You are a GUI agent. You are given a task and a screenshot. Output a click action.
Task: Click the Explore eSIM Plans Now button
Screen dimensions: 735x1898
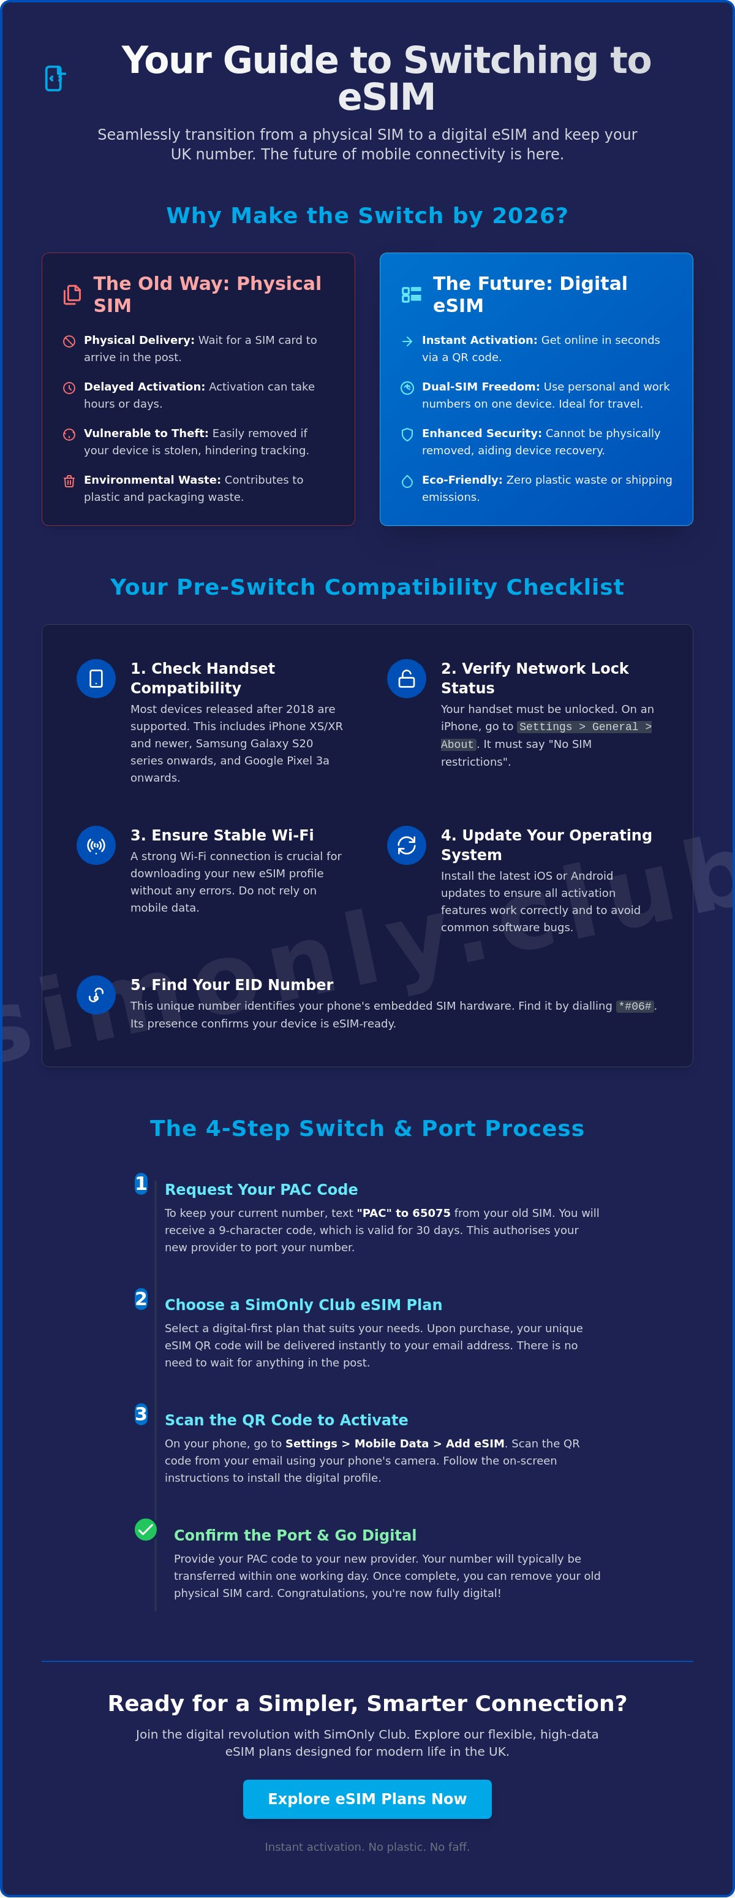tap(367, 1799)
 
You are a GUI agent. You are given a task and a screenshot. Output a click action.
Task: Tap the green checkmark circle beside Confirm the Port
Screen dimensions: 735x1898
tap(146, 1530)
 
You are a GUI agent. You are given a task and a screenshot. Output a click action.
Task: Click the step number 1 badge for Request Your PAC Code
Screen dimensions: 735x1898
tap(141, 1183)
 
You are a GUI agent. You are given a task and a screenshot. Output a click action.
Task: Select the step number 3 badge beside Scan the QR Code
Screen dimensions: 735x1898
tap(141, 1414)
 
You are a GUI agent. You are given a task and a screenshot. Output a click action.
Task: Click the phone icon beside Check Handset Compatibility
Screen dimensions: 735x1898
tap(96, 679)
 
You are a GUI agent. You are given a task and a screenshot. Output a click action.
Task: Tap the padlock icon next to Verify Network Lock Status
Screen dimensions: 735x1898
tap(407, 679)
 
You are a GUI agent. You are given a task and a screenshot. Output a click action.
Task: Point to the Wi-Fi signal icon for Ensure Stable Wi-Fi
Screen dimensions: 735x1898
tap(96, 845)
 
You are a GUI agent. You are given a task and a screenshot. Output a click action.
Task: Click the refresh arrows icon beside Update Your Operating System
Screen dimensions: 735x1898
tap(407, 845)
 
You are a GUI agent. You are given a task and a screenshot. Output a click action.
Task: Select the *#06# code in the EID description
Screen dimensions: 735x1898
tap(635, 1006)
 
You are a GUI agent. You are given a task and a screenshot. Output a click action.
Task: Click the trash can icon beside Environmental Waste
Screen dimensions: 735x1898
tap(69, 481)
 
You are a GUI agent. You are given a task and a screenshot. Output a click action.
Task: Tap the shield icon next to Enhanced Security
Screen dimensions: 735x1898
tap(407, 435)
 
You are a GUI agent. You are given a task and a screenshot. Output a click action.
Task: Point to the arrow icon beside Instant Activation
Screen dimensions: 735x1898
tap(407, 341)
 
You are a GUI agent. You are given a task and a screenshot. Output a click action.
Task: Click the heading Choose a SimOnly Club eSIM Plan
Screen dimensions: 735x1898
tap(303, 1304)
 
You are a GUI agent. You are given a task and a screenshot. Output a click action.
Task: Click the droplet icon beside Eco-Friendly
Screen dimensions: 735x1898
tap(407, 481)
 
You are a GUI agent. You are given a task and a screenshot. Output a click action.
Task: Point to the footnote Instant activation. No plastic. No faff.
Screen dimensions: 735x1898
tap(367, 1847)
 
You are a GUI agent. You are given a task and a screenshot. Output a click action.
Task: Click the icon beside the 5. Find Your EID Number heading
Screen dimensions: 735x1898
tap(96, 995)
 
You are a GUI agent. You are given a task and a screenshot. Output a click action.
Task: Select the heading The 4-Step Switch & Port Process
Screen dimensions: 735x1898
tap(367, 1128)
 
